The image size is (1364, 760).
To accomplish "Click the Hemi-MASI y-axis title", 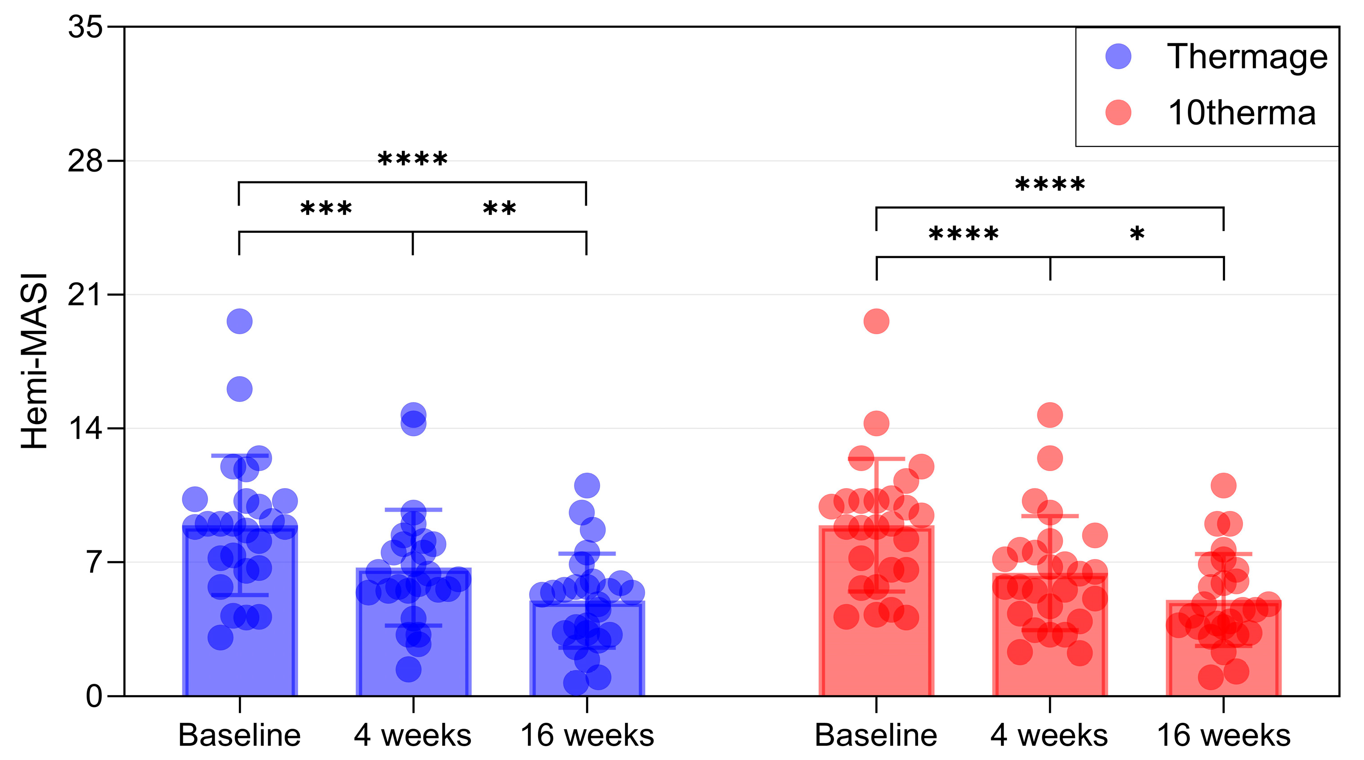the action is (x=35, y=361).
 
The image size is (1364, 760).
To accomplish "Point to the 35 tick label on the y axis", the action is (x=85, y=26).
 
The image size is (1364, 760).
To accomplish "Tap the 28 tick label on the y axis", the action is (x=85, y=160).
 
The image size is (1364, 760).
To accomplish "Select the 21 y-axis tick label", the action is (x=85, y=294).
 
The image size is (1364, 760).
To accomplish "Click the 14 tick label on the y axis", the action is (x=85, y=428).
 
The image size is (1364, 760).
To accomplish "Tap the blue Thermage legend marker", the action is (x=1118, y=56).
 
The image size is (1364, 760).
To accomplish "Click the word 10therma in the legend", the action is (x=1242, y=113).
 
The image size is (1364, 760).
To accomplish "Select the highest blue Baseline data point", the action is (x=239, y=321).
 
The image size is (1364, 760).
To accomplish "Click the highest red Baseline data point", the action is (x=876, y=321).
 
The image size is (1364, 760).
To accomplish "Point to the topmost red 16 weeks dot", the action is (x=1224, y=485).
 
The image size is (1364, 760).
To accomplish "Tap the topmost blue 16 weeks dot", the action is (x=587, y=485).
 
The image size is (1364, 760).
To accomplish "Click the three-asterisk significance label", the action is (x=326, y=208).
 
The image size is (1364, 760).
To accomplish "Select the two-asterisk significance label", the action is (x=499, y=208).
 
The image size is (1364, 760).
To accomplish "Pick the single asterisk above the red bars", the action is (x=1137, y=233).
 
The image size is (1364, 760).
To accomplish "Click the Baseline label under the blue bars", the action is (x=239, y=735).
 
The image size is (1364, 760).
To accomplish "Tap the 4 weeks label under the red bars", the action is (x=1049, y=735).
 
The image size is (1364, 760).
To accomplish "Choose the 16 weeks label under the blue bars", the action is (x=587, y=735).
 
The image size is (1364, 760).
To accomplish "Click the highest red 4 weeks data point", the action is (x=1050, y=415).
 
